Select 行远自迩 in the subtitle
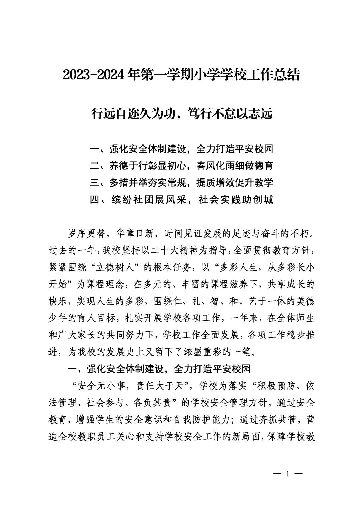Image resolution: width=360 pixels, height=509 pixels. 112,114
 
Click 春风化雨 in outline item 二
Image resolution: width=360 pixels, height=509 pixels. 216,165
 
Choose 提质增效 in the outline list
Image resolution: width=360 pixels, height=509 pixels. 216,182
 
